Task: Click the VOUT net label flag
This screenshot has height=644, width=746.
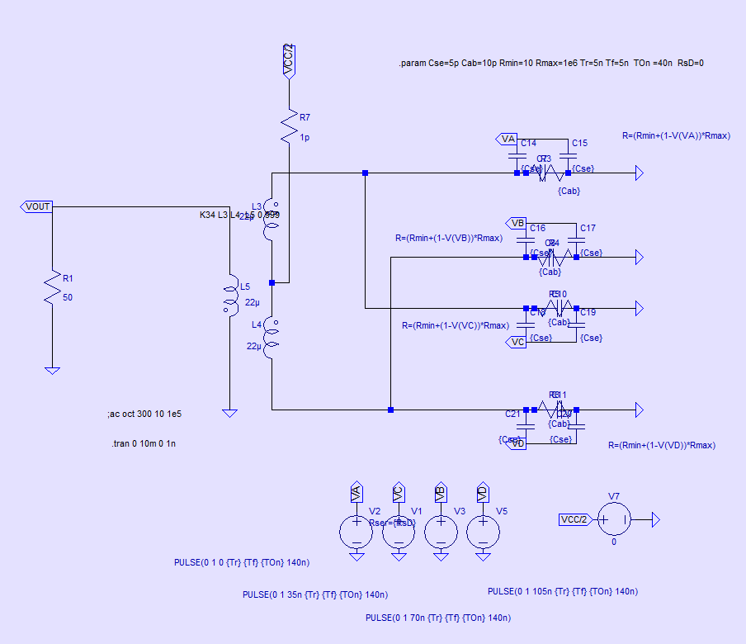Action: (x=37, y=206)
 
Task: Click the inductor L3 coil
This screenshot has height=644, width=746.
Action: (x=271, y=219)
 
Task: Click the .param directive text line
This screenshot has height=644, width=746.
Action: (x=551, y=64)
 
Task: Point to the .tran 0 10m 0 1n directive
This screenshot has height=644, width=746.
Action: (x=144, y=444)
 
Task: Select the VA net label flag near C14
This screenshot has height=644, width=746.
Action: (x=507, y=138)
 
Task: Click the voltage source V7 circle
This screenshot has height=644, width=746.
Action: (x=613, y=520)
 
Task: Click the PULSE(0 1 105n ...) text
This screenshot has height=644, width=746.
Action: (x=562, y=591)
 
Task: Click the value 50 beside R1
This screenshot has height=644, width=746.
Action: (x=68, y=297)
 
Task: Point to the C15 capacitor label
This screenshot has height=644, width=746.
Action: (x=579, y=144)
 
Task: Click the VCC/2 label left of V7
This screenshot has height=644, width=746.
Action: (x=574, y=520)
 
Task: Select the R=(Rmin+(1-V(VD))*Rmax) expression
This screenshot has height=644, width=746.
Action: (x=662, y=445)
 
